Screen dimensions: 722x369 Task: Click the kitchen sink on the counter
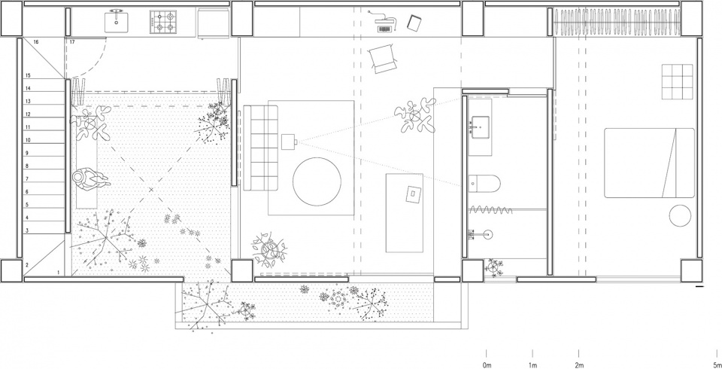tap(116, 21)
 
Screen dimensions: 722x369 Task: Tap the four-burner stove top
tap(163, 22)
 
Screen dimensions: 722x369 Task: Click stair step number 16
tap(36, 42)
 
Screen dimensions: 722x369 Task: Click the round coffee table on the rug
tap(317, 181)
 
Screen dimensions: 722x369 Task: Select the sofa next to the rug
tap(261, 148)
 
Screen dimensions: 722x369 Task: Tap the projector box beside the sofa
tap(289, 142)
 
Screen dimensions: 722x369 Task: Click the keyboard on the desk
tap(384, 29)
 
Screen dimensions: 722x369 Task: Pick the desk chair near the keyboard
tap(383, 58)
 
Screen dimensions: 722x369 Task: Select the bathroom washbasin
tap(479, 124)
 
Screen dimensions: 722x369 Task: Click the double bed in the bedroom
tap(649, 163)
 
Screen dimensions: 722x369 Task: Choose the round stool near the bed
tap(680, 216)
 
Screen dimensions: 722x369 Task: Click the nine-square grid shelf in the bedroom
tap(678, 81)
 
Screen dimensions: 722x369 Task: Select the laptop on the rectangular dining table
tap(414, 194)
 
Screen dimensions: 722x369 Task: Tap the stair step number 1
tap(59, 273)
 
